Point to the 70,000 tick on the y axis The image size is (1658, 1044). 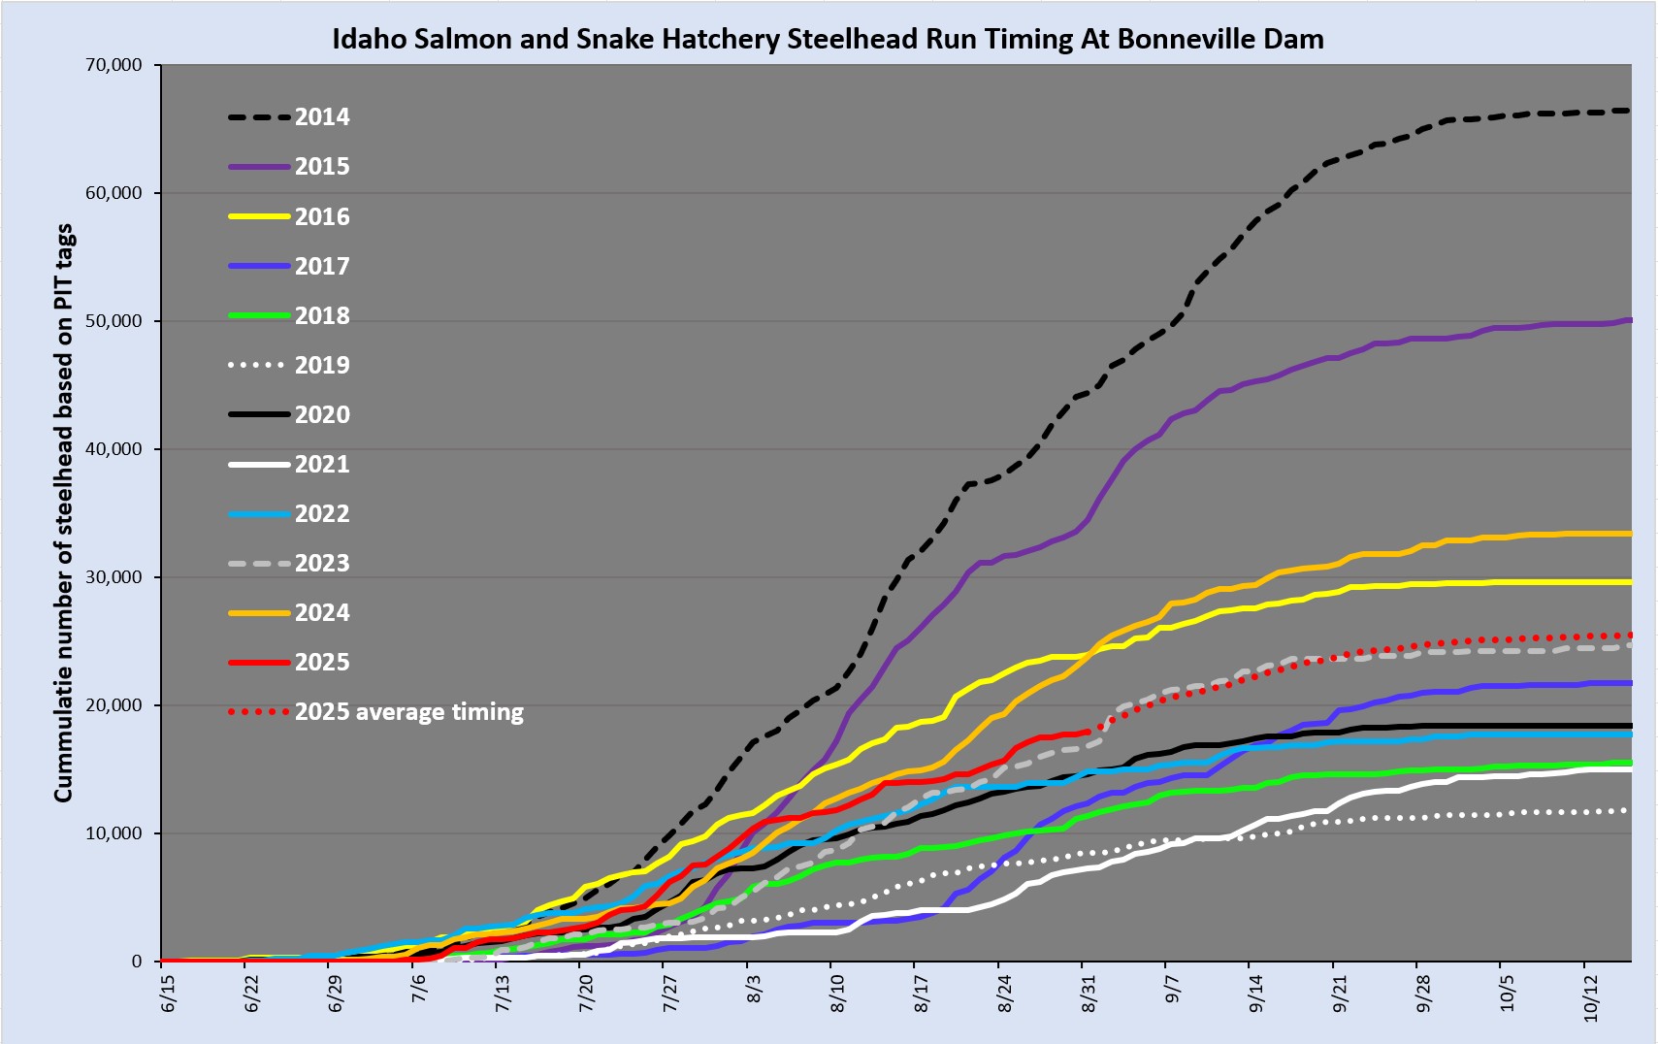pos(114,65)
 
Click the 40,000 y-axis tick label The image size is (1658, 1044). pos(114,449)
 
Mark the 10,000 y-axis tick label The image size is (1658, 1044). pos(114,833)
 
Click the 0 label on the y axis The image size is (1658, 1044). pos(137,962)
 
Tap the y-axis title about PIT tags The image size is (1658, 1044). pos(64,513)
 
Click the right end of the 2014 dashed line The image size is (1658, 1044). pos(1629,111)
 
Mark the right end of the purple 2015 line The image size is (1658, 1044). pos(1629,320)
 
